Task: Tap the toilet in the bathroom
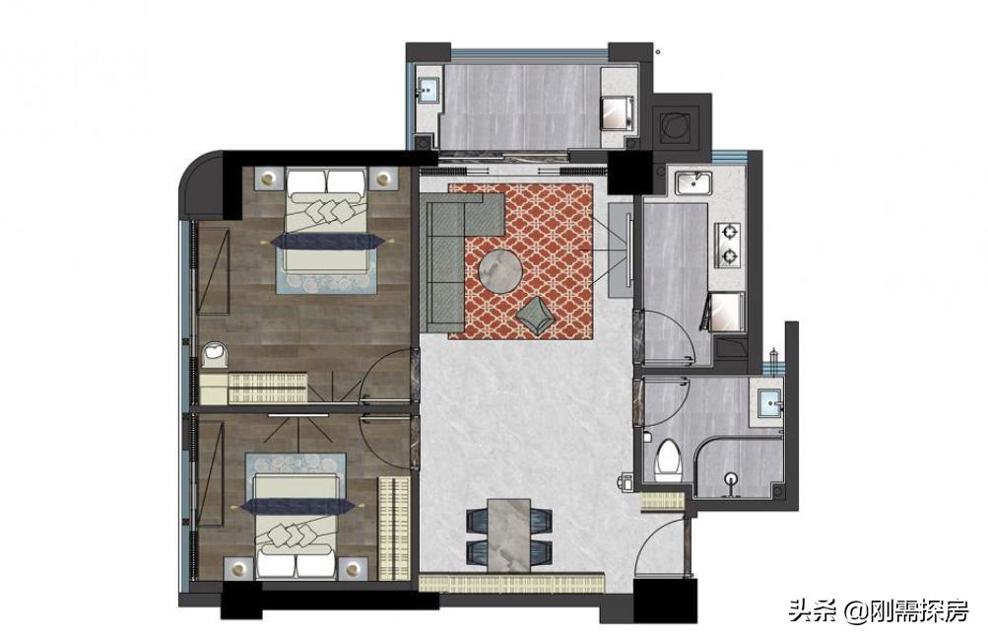pyautogui.click(x=668, y=461)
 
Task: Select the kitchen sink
pyautogui.click(x=693, y=182)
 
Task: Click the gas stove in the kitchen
pyautogui.click(x=729, y=244)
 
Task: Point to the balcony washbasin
pyautogui.click(x=428, y=90)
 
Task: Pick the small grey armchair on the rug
pyautogui.click(x=535, y=314)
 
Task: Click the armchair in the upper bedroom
pyautogui.click(x=215, y=355)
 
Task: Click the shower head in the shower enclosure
pyautogui.click(x=731, y=484)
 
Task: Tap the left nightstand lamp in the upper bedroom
pyautogui.click(x=270, y=178)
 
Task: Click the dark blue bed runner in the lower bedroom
pyautogui.click(x=296, y=507)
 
